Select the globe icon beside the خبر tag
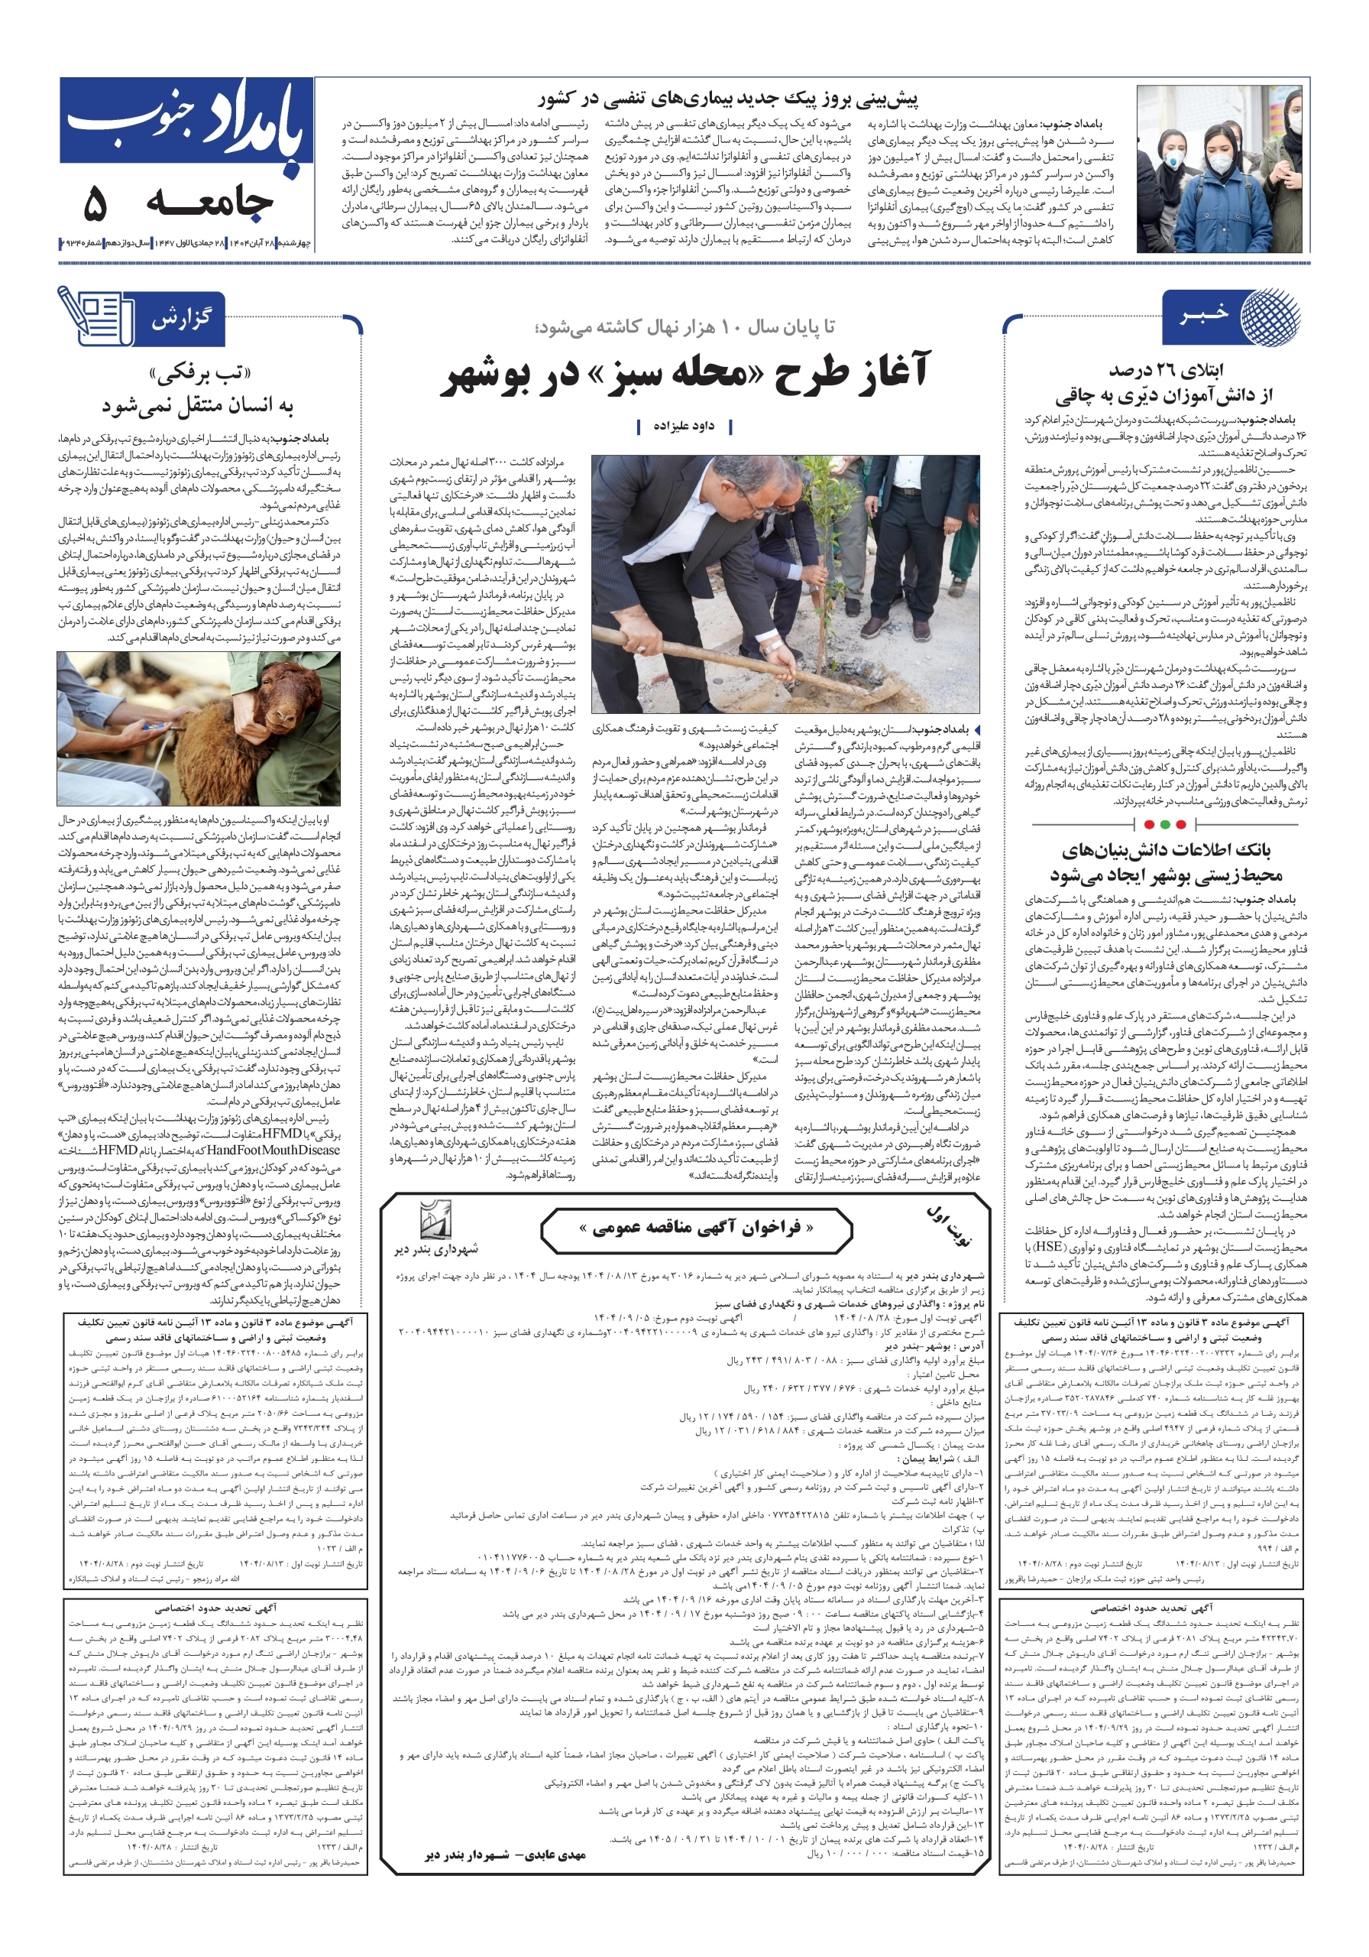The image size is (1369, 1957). (1270, 316)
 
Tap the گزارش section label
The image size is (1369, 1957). (180, 320)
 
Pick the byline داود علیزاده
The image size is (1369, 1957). (683, 425)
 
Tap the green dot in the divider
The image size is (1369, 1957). (1180, 824)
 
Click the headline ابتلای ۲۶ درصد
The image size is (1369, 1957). (1164, 383)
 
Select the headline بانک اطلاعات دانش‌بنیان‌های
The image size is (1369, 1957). (1164, 862)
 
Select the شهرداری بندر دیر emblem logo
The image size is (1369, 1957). (436, 1222)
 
